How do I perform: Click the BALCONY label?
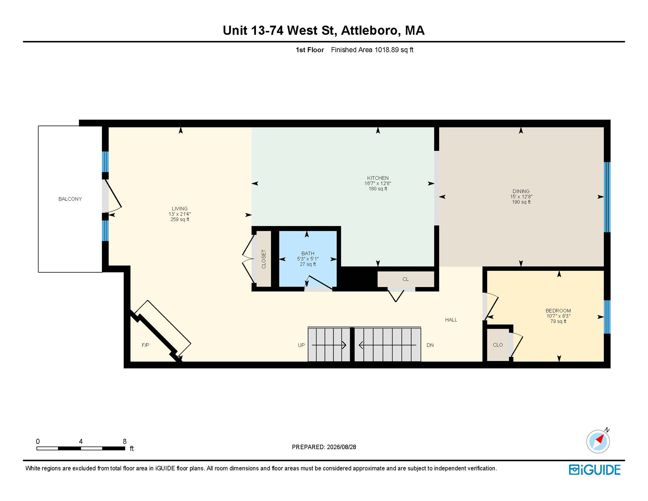pyautogui.click(x=70, y=199)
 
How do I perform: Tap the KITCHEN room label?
pyautogui.click(x=378, y=178)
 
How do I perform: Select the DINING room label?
pyautogui.click(x=521, y=191)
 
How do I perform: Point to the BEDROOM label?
pyautogui.click(x=558, y=311)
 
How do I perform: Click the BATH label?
pyautogui.click(x=308, y=253)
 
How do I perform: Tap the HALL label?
pyautogui.click(x=451, y=320)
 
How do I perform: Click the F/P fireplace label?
pyautogui.click(x=145, y=345)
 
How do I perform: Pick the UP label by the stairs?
pyautogui.click(x=301, y=345)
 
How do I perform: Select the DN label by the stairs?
pyautogui.click(x=430, y=345)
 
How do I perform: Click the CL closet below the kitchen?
pyautogui.click(x=405, y=279)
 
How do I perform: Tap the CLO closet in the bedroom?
pyautogui.click(x=498, y=345)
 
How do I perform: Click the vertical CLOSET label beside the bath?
pyautogui.click(x=264, y=259)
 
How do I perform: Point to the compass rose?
pyautogui.click(x=598, y=441)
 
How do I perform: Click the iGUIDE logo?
pyautogui.click(x=595, y=470)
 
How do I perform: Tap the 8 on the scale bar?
pyautogui.click(x=125, y=441)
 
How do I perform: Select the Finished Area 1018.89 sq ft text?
pyautogui.click(x=372, y=50)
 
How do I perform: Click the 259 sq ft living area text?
pyautogui.click(x=180, y=220)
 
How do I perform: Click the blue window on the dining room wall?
pyautogui.click(x=607, y=197)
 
